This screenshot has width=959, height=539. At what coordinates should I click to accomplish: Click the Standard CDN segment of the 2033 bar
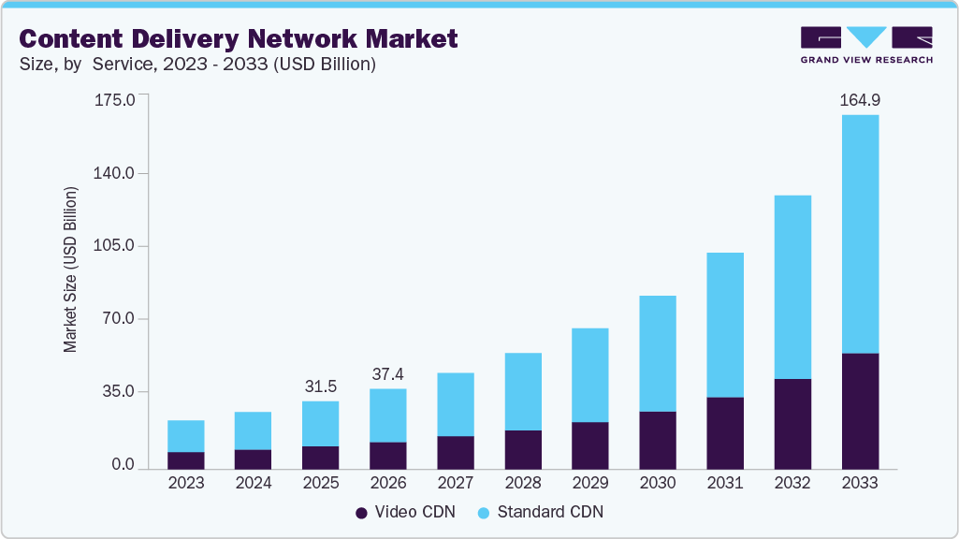pos(860,234)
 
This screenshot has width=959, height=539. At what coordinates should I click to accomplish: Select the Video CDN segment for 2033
pos(860,411)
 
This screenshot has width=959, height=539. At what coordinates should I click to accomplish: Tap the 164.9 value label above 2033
pos(860,99)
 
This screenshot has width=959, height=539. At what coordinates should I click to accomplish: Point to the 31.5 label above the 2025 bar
pos(321,386)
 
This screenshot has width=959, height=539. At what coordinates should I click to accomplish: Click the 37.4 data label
pos(388,374)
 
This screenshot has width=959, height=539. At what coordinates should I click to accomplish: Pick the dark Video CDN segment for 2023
pos(186,459)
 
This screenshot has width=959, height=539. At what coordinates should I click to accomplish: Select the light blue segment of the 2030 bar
pos(658,354)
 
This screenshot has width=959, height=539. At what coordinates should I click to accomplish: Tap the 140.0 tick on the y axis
pos(116,173)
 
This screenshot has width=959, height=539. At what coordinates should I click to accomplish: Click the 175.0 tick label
pos(116,99)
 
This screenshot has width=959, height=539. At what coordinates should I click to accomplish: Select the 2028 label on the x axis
pos(523,483)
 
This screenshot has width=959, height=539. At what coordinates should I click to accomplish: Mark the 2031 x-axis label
pos(725,483)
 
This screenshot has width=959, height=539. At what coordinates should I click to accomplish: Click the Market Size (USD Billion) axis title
pos(71,270)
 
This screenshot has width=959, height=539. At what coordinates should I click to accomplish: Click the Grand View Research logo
pos(866,44)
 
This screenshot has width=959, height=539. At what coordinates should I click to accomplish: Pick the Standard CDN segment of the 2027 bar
pos(456,404)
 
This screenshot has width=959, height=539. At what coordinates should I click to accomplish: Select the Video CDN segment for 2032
pos(792,423)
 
